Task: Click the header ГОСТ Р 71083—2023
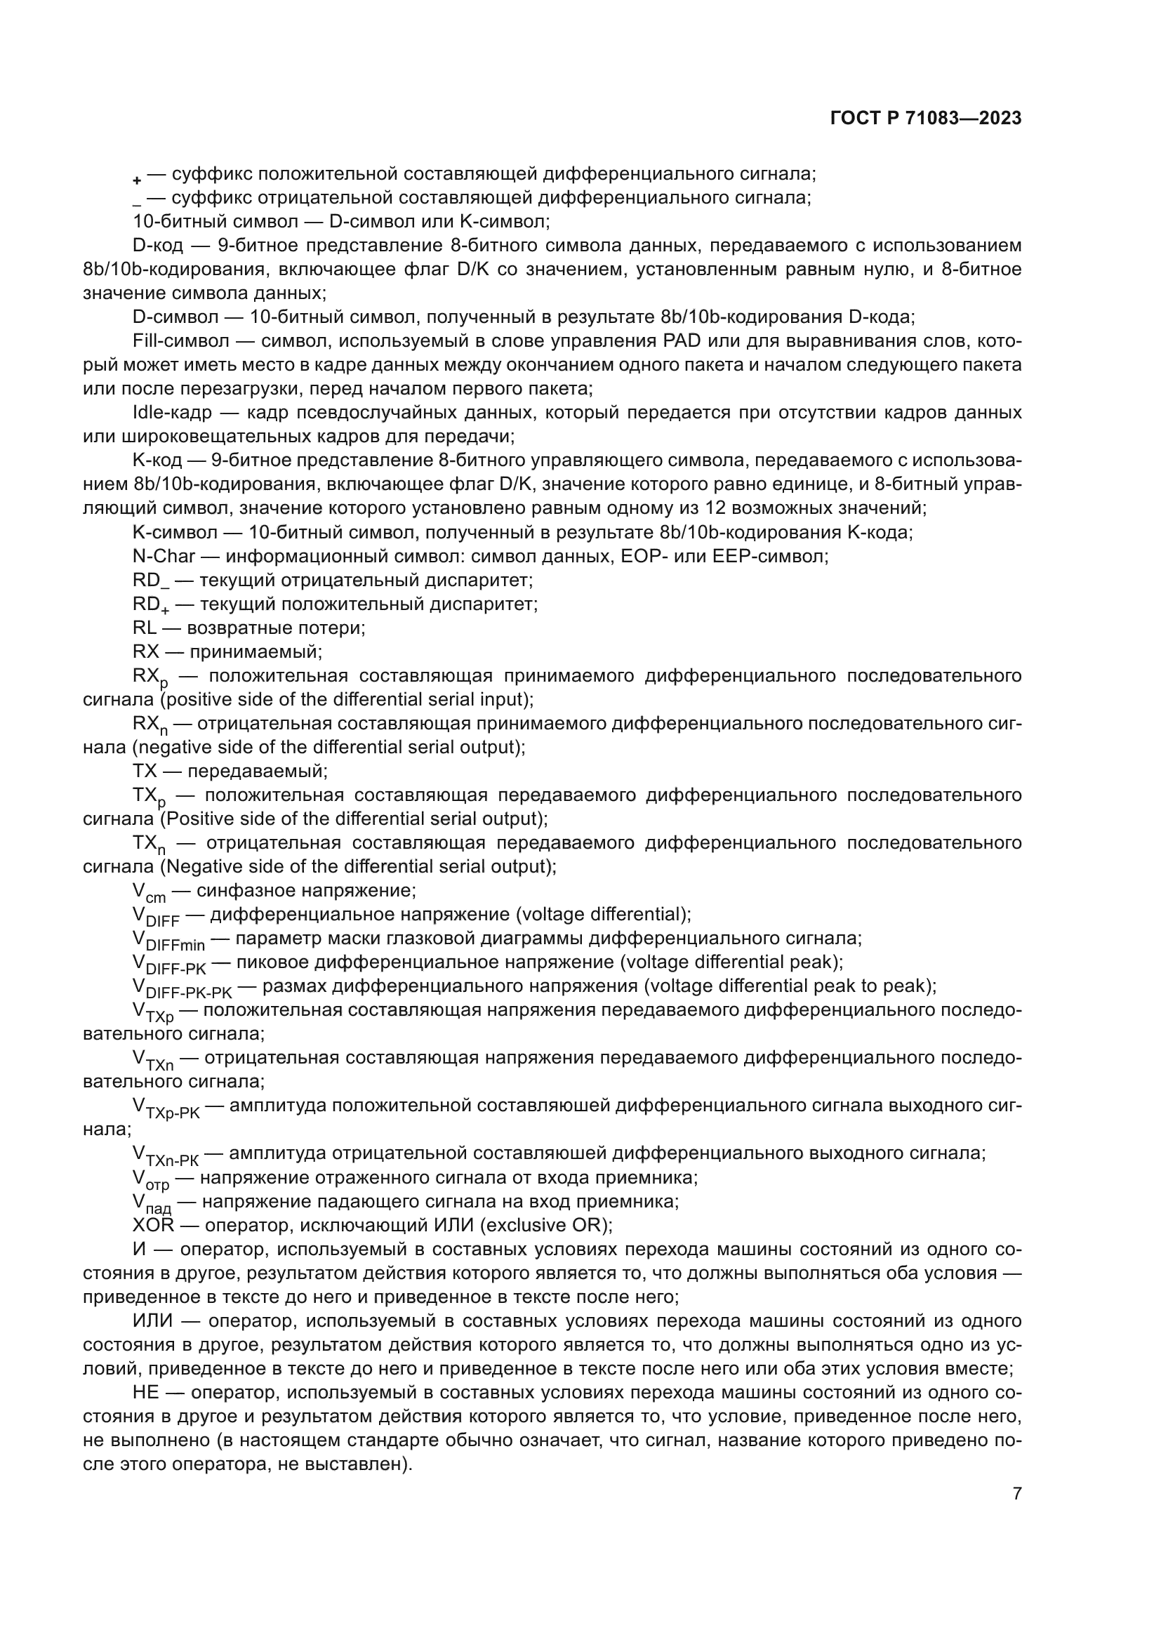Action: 926,119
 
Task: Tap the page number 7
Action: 1016,1493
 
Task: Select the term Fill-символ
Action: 181,341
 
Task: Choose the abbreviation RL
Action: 145,628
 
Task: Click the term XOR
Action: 153,1225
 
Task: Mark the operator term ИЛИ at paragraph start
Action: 152,1321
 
